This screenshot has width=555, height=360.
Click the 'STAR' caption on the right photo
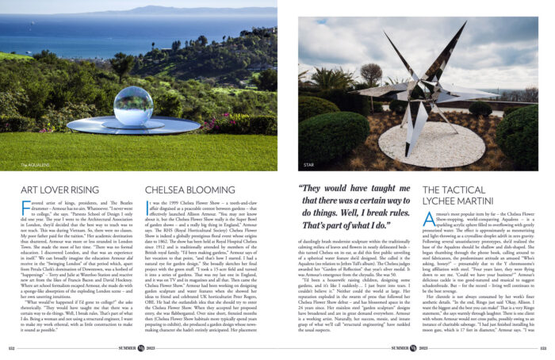pos(309,166)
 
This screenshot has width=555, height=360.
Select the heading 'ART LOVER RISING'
pos(59,190)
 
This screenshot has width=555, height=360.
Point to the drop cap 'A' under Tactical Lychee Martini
pos(429,218)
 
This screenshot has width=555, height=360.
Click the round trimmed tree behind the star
pos(369,74)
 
